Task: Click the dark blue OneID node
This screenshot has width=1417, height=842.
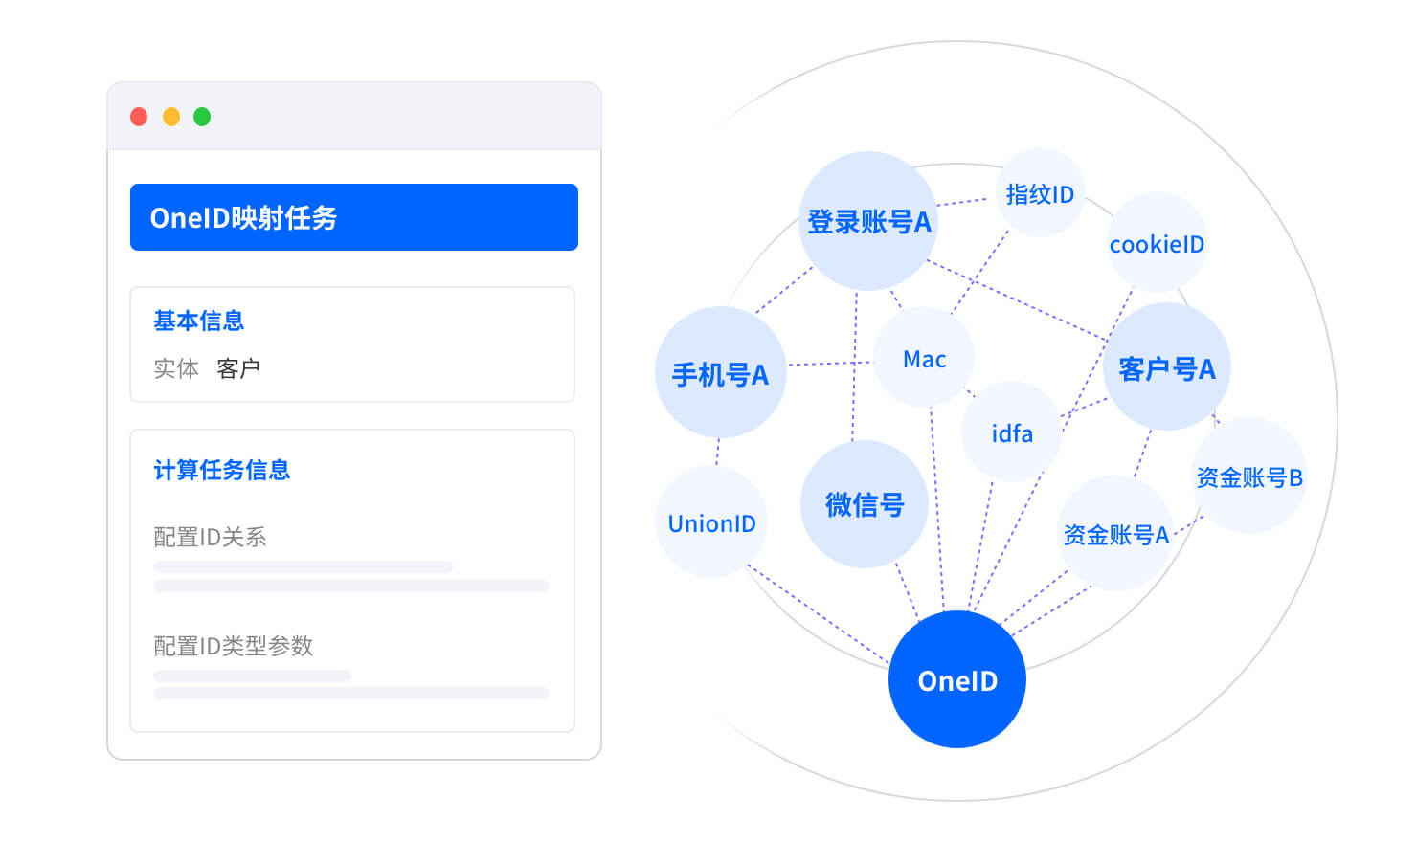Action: pos(957,679)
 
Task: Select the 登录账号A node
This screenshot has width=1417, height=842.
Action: pos(868,221)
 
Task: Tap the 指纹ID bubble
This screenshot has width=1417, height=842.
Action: pos(1040,193)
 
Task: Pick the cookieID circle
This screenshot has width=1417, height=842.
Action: pos(1157,243)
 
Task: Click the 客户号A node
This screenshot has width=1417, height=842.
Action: pos(1166,367)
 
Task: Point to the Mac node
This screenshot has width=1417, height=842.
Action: pos(924,358)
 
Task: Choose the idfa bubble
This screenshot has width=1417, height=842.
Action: pos(1012,433)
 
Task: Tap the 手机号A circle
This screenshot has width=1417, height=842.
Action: pos(720,373)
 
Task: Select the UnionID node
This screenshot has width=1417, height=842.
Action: pos(711,522)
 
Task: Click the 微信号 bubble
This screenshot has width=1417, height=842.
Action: pos(864,504)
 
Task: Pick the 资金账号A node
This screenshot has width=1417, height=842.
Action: pos(1116,533)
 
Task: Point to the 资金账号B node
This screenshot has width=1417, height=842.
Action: pos(1249,476)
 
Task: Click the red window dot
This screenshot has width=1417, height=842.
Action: pos(139,117)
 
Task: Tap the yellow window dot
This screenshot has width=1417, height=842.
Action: pos(171,117)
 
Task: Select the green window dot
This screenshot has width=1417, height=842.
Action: pos(202,117)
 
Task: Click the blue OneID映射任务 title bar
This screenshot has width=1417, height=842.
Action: pos(354,217)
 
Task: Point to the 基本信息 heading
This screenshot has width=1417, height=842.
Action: pos(199,321)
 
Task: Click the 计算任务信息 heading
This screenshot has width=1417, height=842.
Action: pos(222,470)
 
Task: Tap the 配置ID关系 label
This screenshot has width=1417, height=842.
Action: pos(211,537)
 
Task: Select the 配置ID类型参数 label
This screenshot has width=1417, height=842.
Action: pos(234,646)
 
